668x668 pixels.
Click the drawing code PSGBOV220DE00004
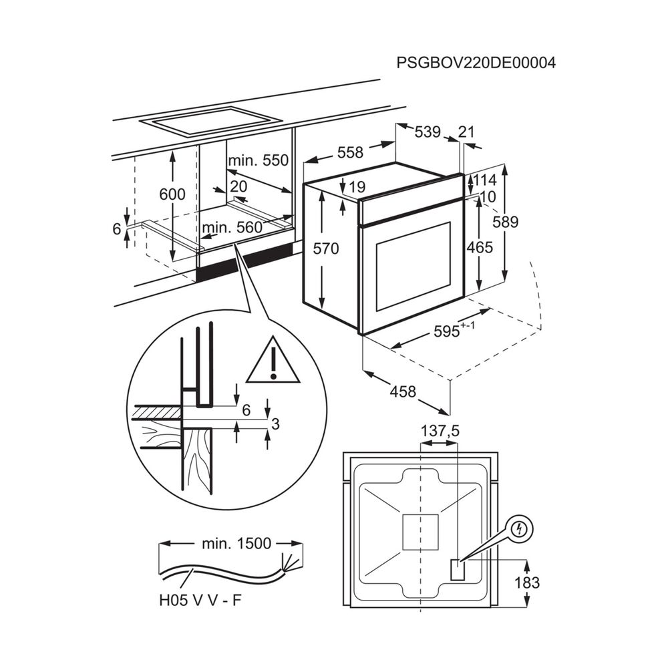point(476,63)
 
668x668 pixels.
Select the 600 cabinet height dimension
point(172,194)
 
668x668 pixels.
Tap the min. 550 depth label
point(258,161)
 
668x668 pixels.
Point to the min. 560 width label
point(232,227)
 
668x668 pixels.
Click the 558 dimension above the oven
point(349,153)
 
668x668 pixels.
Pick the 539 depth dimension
point(428,132)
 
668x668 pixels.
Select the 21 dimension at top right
point(466,132)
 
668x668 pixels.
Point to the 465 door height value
point(480,248)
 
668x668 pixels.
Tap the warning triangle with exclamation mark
point(273,361)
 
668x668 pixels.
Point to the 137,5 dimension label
point(440,432)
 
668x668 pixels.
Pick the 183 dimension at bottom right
point(527,582)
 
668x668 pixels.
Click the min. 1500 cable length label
point(236,544)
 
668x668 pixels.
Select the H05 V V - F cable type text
point(200,601)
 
